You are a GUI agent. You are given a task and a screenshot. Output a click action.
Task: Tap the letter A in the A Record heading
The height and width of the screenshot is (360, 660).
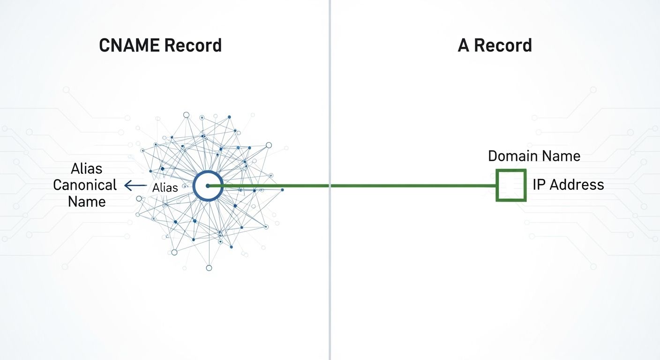point(464,45)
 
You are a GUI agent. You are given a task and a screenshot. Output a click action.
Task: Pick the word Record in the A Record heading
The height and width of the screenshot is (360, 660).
point(503,45)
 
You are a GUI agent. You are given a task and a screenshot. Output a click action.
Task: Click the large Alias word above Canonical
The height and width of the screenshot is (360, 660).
point(86,168)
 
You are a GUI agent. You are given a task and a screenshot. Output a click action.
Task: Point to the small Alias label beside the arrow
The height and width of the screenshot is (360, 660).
point(165,188)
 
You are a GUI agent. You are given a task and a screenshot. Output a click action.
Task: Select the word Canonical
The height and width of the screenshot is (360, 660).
point(85,185)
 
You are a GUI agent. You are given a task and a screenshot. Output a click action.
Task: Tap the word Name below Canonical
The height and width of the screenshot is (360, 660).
point(87,202)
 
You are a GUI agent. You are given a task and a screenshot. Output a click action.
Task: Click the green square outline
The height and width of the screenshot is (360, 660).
point(511,171)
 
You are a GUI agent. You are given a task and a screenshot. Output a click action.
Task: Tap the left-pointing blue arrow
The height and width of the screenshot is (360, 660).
point(135,186)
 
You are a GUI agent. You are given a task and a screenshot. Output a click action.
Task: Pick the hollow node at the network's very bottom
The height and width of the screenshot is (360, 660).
point(209,268)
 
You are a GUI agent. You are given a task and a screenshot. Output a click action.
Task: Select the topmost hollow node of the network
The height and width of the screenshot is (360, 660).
point(186,114)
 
